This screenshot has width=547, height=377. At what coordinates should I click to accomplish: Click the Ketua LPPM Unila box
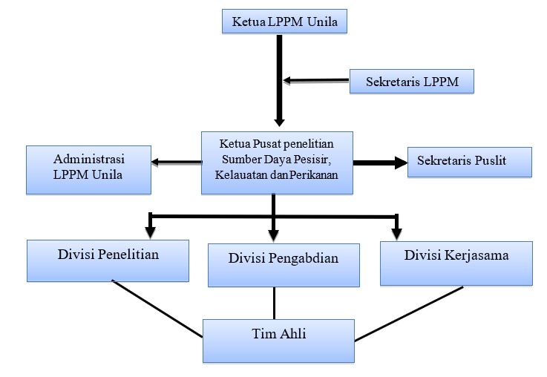pos(284,22)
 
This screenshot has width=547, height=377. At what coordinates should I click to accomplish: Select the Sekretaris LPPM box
pos(412,81)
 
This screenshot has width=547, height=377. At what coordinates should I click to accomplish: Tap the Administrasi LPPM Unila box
pos(88,170)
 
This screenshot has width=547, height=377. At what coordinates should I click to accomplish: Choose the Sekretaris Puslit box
pos(470,163)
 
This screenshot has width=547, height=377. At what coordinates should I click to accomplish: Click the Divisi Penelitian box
pos(108,260)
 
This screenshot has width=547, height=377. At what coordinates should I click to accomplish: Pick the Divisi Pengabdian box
pos(284,265)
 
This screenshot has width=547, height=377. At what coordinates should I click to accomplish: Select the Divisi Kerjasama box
pos(456,263)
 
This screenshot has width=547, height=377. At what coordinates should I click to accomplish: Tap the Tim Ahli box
pos(278,341)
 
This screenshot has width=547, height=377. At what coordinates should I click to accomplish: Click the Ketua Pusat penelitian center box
pos(277,163)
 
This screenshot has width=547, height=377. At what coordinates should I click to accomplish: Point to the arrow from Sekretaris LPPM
pos(316,81)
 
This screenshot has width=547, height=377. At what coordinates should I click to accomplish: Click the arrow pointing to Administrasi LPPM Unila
pos(177,162)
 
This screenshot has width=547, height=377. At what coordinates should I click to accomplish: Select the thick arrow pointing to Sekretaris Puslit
pos(380,163)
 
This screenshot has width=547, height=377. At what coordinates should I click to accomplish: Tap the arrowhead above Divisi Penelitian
pos(151,232)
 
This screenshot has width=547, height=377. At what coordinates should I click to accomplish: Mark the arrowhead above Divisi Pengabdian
pos(273,235)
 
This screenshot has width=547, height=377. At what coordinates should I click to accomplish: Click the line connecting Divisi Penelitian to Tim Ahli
pos(157,308)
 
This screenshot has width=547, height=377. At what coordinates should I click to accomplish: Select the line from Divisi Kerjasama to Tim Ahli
pos(409,313)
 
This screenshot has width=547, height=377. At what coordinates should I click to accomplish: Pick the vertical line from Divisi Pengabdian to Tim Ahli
pos(274,303)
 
